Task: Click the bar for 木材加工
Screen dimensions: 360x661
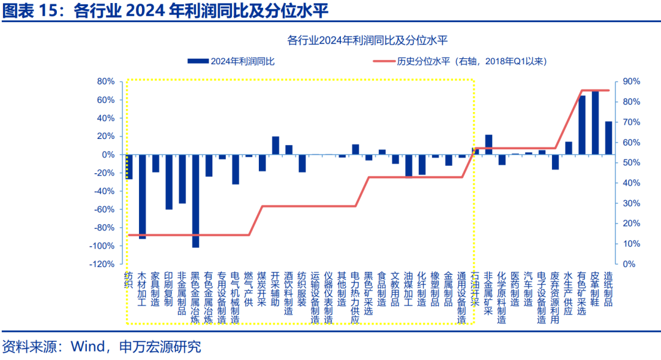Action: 143,197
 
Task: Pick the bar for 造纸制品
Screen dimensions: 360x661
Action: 608,138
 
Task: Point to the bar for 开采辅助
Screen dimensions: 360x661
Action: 275,146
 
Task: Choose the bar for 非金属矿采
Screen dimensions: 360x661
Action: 488,144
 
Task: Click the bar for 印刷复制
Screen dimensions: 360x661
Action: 169,182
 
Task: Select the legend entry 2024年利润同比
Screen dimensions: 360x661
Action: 232,61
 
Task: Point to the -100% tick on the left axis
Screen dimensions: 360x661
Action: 102,246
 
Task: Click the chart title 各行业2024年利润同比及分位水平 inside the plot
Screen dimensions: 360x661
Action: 367,41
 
